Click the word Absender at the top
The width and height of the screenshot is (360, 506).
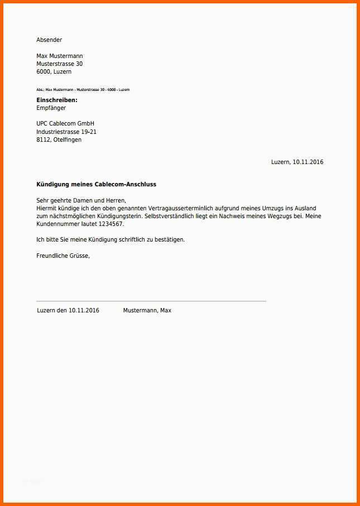[x=49, y=40]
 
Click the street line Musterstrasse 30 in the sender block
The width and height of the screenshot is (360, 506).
[x=59, y=64]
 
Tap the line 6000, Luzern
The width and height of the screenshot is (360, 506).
[x=54, y=71]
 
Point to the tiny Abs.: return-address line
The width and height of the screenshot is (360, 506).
[x=83, y=90]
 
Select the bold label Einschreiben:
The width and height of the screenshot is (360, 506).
[x=57, y=100]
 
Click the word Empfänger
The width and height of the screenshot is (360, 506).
[x=51, y=108]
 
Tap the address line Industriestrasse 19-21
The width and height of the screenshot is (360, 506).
[x=66, y=132]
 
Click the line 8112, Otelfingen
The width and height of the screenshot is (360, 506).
[x=59, y=139]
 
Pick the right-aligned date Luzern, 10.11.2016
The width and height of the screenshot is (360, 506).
[x=297, y=162]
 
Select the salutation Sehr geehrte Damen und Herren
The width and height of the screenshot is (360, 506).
[x=81, y=200]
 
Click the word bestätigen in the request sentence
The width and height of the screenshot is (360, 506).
[x=169, y=239]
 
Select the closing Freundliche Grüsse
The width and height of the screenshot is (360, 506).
[x=63, y=256]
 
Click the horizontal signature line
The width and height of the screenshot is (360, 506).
[x=151, y=301]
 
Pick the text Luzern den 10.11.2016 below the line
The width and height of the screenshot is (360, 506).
[x=68, y=310]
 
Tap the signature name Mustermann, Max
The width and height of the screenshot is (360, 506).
[x=147, y=310]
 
